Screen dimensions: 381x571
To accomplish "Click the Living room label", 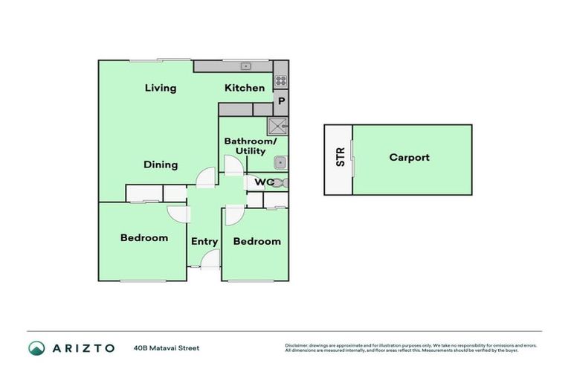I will tap(161, 88).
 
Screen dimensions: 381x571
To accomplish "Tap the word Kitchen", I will tap(245, 88).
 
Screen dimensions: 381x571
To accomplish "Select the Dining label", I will tap(161, 164).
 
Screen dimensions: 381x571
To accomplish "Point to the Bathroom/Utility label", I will tap(251, 146).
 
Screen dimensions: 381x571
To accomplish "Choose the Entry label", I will tap(204, 241).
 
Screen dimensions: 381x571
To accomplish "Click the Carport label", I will tap(409, 157).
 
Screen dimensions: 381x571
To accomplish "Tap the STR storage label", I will tap(341, 157).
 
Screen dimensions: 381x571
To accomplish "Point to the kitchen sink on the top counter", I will tap(244, 66).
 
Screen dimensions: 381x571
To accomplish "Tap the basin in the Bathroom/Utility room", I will tap(279, 163).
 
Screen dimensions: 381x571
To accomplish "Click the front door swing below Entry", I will tap(210, 260).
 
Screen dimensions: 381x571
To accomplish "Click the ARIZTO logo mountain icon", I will tap(36, 348).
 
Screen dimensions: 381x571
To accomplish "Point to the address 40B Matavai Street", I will tap(167, 348).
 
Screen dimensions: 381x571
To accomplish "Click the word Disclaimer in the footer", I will tap(298, 345).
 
